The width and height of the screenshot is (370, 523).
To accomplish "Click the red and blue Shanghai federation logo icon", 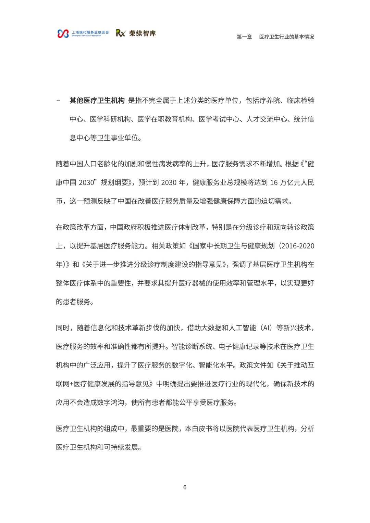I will coord(63,34).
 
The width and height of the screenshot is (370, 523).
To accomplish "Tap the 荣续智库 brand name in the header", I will coord(143,33).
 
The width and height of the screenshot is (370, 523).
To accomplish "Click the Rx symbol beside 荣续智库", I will coord(121,33).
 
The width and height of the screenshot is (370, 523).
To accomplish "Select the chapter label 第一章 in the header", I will coord(244,37).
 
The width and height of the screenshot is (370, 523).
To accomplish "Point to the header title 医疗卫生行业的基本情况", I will coord(286,37).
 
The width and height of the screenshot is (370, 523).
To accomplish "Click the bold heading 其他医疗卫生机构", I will coord(97,101).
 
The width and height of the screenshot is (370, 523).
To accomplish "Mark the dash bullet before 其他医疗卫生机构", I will coord(58,101).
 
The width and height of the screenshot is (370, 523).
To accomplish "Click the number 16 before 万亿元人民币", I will coord(274,183).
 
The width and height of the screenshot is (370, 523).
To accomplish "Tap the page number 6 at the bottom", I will coord(185,487).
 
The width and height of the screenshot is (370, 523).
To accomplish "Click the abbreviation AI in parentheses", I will coord(266,328).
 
